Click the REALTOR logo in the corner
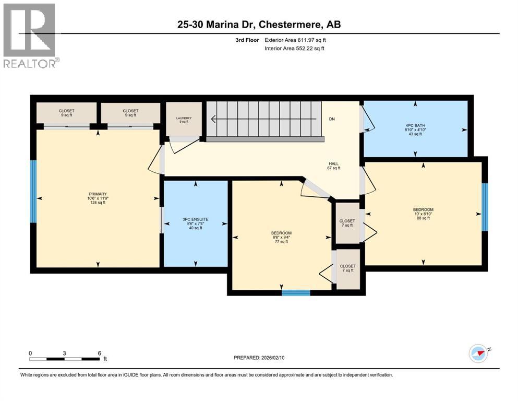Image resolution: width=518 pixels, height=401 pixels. [30, 35]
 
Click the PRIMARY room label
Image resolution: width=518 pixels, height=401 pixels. [98, 198]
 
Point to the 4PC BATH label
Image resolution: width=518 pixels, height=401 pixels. [415, 128]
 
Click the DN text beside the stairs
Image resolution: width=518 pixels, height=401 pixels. [331, 119]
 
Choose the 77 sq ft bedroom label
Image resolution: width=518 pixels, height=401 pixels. [281, 237]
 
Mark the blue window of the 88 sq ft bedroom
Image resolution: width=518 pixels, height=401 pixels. [485, 206]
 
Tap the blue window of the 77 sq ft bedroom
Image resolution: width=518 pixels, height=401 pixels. [296, 293]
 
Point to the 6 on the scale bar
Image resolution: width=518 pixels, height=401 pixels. [99, 353]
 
